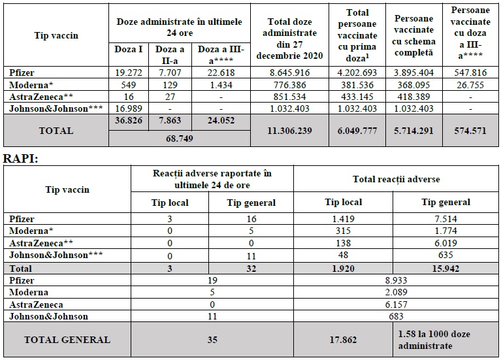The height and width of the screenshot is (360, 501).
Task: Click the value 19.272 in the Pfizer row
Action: click(129, 73)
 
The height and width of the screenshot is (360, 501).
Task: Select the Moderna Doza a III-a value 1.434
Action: click(221, 85)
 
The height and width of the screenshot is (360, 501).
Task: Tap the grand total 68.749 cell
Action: click(180, 139)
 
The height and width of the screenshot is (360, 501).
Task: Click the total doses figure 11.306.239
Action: click(289, 131)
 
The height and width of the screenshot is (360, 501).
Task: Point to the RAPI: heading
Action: click(21, 158)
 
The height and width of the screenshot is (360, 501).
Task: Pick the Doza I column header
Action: click(129, 49)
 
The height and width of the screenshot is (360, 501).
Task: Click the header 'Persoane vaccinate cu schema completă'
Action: click(413, 35)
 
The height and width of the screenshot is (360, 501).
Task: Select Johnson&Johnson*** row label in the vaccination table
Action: click(56, 108)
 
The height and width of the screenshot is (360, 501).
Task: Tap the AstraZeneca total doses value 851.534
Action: click(289, 97)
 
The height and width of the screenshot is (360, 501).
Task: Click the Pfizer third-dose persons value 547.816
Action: click(470, 73)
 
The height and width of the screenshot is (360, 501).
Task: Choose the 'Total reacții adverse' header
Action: click(396, 179)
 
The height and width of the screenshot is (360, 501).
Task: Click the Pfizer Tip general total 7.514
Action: click(445, 219)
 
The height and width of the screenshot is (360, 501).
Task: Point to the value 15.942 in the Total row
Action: click(445, 269)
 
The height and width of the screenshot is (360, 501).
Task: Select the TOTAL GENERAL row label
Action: click(67, 340)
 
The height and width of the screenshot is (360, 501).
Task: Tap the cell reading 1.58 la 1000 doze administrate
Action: click(434, 340)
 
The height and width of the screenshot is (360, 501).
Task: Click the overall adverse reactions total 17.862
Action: click(343, 340)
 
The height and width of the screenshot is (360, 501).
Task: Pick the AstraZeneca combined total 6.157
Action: click(396, 304)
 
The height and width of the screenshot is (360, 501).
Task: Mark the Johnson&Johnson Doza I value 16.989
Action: click(129, 108)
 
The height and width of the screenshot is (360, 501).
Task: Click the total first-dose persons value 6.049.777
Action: click(357, 131)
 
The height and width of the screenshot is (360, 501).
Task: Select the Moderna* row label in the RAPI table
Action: click(31, 231)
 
